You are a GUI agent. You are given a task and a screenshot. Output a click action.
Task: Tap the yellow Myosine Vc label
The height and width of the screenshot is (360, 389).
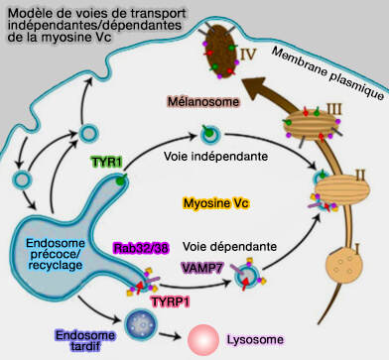pyautogui.click(x=215, y=203)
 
